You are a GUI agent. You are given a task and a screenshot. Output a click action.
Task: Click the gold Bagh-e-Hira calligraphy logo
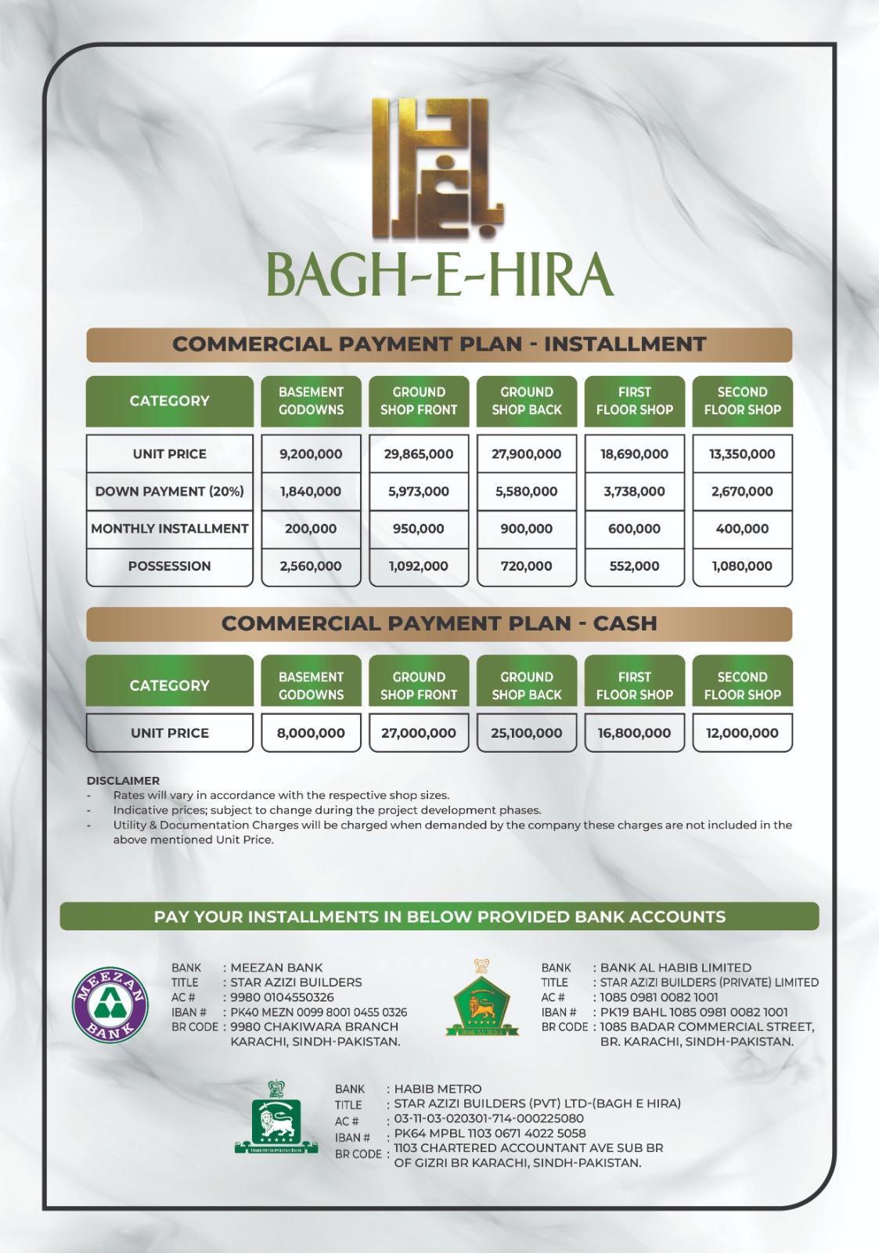pyautogui.click(x=437, y=168)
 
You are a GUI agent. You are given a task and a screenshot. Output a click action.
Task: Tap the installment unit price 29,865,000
pyautogui.click(x=419, y=454)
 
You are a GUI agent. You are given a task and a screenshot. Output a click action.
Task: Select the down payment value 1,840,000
pyautogui.click(x=311, y=492)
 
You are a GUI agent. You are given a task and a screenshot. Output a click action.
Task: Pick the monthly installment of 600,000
pyautogui.click(x=634, y=529)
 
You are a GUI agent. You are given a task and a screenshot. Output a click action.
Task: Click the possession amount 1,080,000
pyautogui.click(x=742, y=566)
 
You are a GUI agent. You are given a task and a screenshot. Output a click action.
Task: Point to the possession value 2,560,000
pyautogui.click(x=311, y=566)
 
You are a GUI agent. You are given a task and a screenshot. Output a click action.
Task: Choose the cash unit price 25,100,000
pyautogui.click(x=527, y=734)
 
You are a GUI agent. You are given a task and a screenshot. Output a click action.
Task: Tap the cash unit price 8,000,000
pyautogui.click(x=311, y=734)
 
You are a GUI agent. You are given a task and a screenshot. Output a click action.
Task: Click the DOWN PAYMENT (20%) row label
pyautogui.click(x=170, y=492)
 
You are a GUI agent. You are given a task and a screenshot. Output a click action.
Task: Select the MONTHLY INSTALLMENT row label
pyautogui.click(x=170, y=529)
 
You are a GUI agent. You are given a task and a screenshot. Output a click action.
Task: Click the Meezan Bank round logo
pyautogui.click(x=110, y=1005)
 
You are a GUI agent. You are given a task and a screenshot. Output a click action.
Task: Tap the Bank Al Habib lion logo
pyautogui.click(x=481, y=1000)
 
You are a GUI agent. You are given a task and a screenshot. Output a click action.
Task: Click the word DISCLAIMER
pyautogui.click(x=123, y=781)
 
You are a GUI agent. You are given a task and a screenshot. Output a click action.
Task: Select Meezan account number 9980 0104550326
pyautogui.click(x=282, y=998)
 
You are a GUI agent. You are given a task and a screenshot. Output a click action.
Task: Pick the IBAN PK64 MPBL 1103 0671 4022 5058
pyautogui.click(x=490, y=1134)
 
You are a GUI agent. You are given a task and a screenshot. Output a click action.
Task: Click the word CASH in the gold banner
pyautogui.click(x=625, y=624)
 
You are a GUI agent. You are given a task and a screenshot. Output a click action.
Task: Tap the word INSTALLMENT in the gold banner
pyautogui.click(x=625, y=345)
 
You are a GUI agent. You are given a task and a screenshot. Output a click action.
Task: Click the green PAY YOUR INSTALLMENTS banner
pyautogui.click(x=439, y=917)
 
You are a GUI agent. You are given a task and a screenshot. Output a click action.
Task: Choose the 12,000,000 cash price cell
pyautogui.click(x=742, y=734)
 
